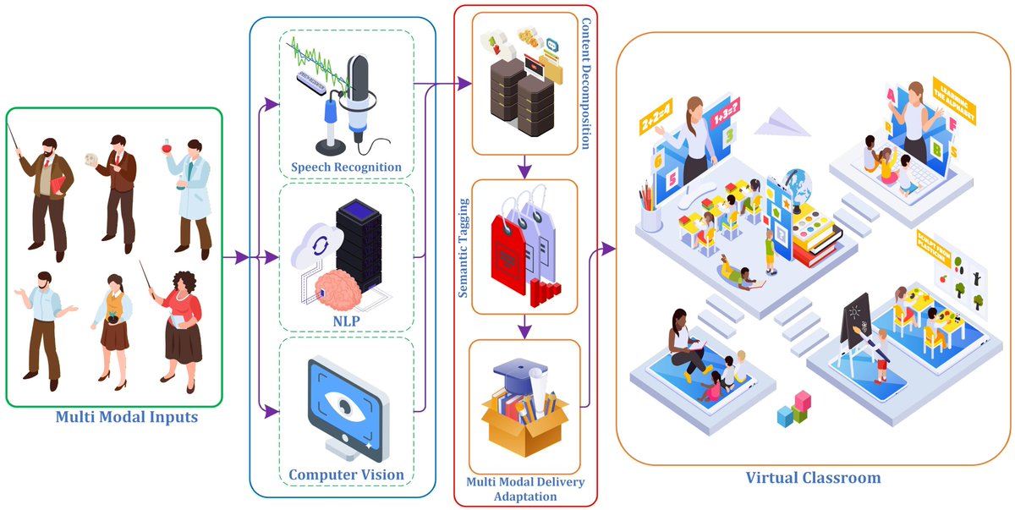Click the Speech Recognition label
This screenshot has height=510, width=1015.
pyautogui.click(x=346, y=167)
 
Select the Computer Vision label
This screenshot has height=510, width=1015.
pyautogui.click(x=346, y=474)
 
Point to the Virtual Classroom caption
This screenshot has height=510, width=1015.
pyautogui.click(x=813, y=478)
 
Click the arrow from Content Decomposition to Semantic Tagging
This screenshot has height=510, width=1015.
pyautogui.click(x=524, y=167)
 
